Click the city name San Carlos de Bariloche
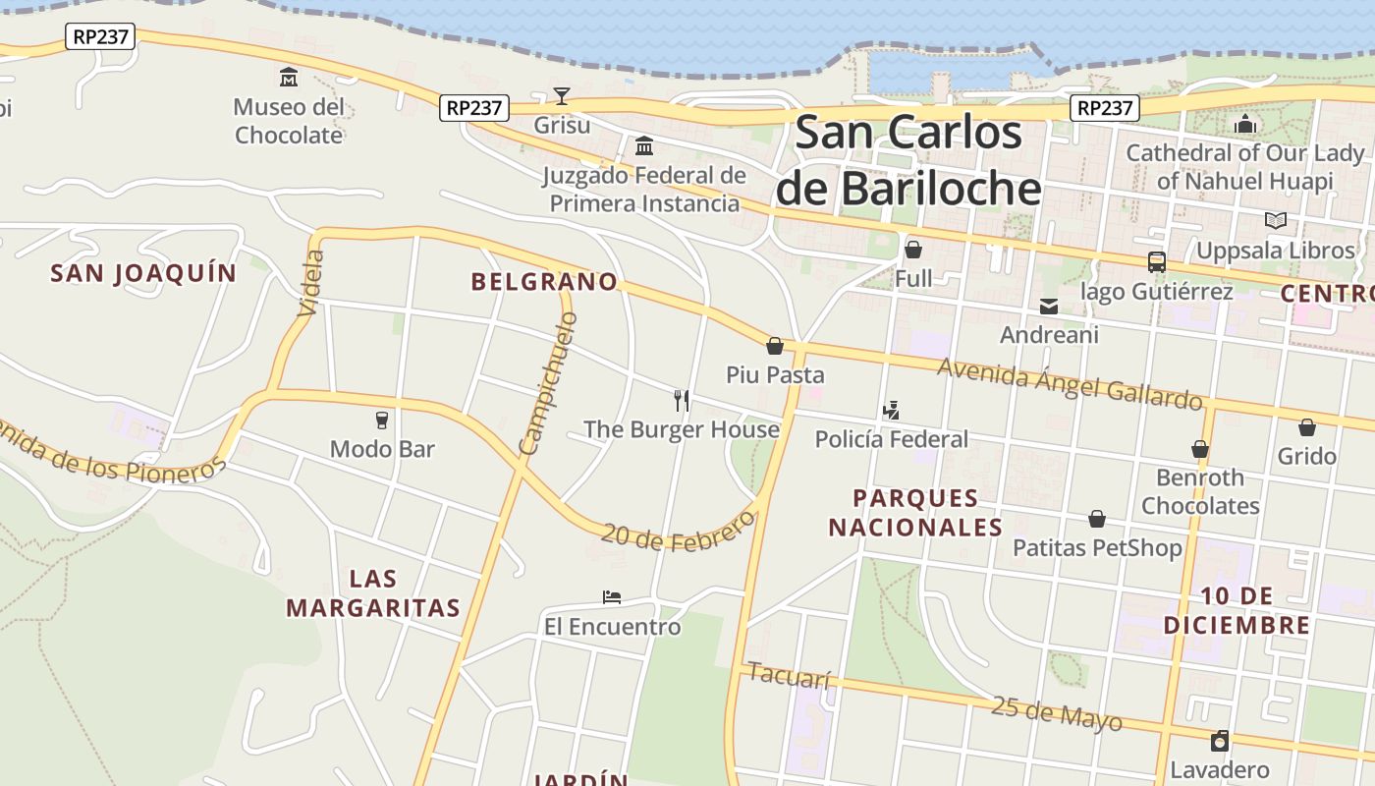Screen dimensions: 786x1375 point(908,160)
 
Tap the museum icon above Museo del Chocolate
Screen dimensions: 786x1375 point(289,77)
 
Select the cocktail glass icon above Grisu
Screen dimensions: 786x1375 point(562,95)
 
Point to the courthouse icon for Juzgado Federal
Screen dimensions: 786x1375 point(644,146)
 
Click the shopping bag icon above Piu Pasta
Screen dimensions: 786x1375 point(775,346)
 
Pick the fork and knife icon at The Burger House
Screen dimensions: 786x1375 point(682,400)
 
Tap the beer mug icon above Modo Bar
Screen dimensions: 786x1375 point(382,421)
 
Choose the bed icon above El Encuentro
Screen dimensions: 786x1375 point(612,597)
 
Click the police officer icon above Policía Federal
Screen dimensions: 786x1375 point(892,411)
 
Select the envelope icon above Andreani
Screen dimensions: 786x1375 point(1049,307)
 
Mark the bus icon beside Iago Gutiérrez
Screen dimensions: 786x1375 point(1157,262)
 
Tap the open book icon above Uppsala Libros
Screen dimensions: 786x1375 point(1276,221)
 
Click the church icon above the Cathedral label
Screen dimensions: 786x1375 point(1245,124)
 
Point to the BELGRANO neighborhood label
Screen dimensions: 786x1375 point(544,282)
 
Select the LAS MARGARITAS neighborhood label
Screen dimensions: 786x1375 point(373,592)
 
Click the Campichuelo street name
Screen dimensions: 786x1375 point(548,383)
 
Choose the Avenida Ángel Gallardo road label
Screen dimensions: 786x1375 point(1070,383)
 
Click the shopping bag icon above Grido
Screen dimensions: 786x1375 point(1307,427)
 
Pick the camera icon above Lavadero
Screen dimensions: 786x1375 point(1220,740)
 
